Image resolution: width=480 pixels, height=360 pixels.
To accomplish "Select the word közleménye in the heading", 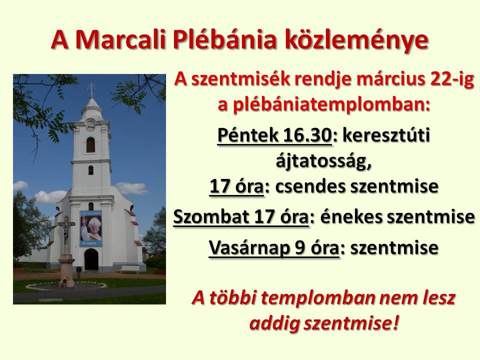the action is coord(356,40).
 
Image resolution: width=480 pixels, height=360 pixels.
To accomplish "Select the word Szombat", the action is coord(211,216).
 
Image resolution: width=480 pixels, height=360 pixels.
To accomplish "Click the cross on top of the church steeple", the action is coord(91,89).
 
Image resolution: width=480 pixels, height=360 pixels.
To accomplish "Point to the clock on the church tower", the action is coord(90,126).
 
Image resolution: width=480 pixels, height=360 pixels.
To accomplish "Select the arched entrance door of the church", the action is coord(91,259).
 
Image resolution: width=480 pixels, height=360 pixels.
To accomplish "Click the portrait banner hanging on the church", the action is coord(90,228).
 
